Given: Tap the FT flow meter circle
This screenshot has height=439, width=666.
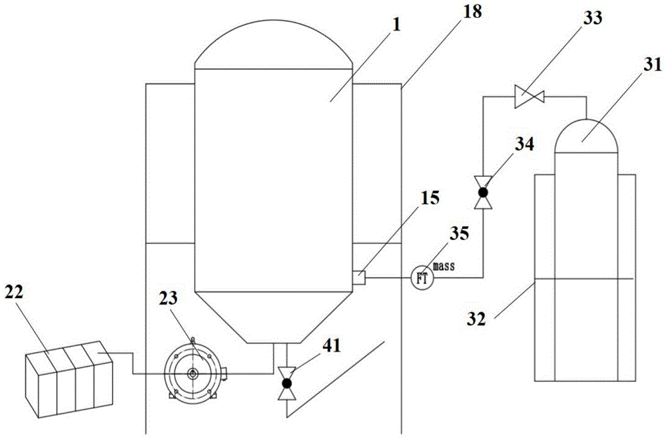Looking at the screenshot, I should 421,278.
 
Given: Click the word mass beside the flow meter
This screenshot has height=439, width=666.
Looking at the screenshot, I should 444,266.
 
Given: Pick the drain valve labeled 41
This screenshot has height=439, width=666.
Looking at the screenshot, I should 287,383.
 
